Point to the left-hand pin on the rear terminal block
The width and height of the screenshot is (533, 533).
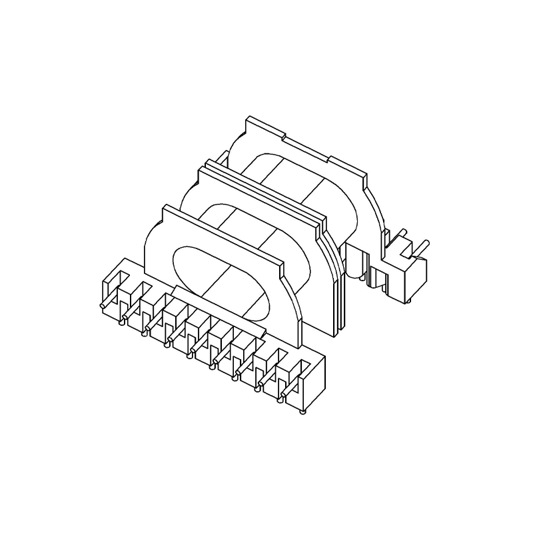402,238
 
